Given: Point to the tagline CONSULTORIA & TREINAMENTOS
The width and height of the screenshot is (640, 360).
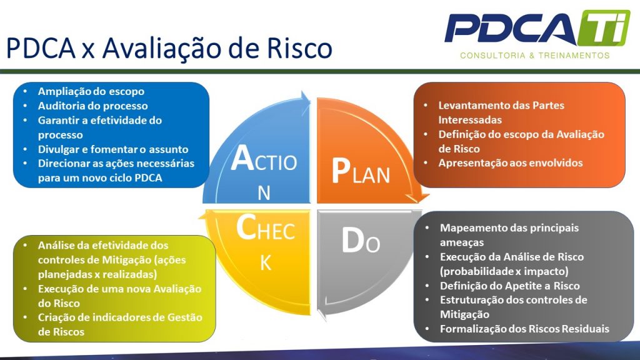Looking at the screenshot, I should coord(534,56).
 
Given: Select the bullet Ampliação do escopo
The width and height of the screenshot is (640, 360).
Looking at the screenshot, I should coord(91,91).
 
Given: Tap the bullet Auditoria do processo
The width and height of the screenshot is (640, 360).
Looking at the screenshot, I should coord(92,106).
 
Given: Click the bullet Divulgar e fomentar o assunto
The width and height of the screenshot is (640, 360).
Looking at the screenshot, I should coord(112,149).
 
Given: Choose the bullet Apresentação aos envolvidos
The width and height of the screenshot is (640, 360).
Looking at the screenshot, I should coord(510,163).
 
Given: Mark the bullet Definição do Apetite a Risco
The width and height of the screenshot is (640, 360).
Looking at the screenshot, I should coord(509,286).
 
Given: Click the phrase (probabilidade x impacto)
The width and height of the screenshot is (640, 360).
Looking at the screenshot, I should coord(504,271).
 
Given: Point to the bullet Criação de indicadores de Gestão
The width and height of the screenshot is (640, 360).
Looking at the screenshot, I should coord(119,317).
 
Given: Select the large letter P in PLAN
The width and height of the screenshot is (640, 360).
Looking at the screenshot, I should coord(340,171).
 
